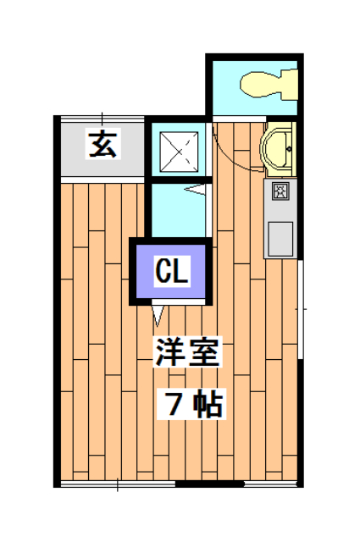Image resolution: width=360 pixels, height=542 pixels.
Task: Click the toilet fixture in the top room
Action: (x=267, y=86)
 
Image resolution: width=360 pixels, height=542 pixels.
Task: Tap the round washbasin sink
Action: (x=279, y=147)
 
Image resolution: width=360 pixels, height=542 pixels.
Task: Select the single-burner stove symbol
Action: (x=279, y=191)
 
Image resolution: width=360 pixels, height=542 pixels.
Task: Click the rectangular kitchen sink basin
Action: (x=279, y=237)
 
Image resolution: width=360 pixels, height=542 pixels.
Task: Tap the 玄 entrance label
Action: (x=102, y=146)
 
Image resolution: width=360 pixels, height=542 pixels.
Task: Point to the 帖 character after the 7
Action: (x=208, y=406)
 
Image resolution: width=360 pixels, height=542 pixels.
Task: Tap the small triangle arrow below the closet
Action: (x=158, y=315)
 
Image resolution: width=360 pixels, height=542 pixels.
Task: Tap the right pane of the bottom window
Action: (x=271, y=484)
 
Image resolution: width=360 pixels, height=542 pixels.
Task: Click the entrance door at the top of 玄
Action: (x=102, y=116)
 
